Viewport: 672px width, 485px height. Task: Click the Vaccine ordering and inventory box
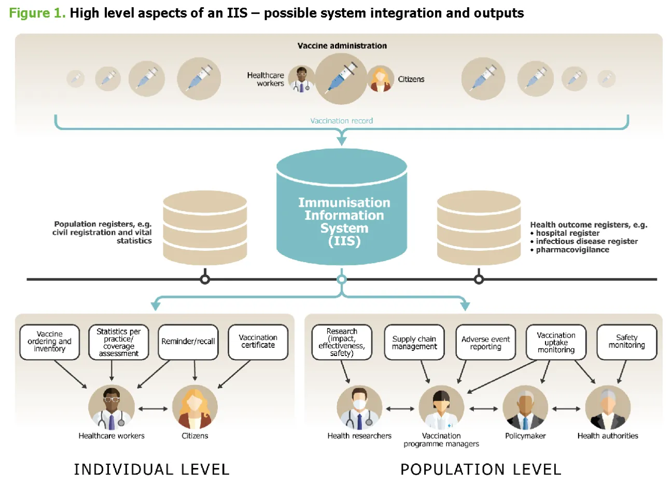pos(50,342)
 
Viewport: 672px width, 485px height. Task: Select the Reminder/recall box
pos(188,342)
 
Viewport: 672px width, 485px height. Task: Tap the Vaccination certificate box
pos(258,342)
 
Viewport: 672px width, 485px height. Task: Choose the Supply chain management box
pos(414,343)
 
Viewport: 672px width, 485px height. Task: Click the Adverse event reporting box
pos(485,343)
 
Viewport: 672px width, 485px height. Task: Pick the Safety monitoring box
pos(626,342)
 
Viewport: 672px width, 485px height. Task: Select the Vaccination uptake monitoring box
pos(556,343)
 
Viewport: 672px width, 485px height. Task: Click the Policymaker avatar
pos(525,408)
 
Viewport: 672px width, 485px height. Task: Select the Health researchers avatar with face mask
pos(359,408)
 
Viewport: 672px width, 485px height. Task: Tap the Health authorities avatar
pos(608,408)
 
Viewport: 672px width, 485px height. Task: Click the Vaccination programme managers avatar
pos(441,408)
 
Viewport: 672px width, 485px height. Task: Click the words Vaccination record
pos(341,121)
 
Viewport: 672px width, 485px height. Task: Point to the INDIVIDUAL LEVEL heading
pos(151,469)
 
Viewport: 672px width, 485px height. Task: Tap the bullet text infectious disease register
pos(586,241)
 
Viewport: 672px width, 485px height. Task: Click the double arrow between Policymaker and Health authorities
pos(566,409)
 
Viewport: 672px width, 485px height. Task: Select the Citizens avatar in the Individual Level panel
pos(194,408)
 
